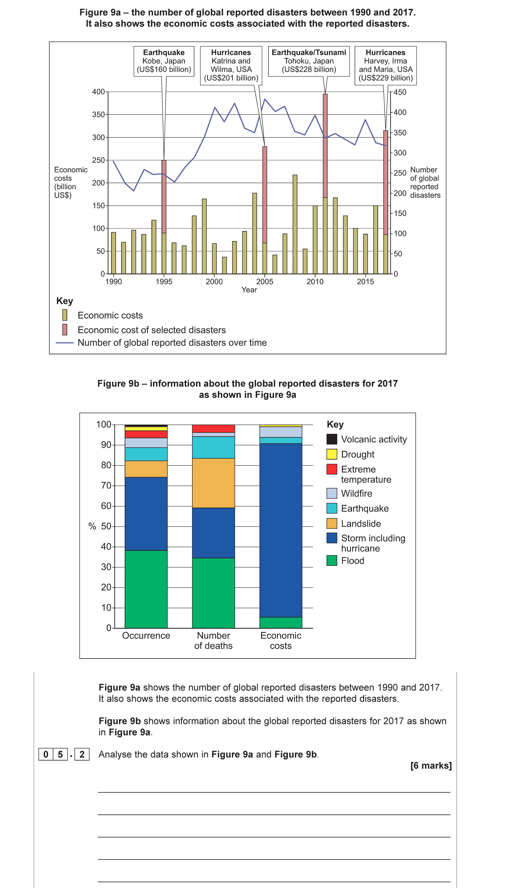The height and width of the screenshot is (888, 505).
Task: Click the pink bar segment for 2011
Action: click(x=325, y=146)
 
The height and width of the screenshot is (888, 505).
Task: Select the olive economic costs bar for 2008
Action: click(x=295, y=224)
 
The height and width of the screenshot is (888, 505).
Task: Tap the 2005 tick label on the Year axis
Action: click(x=265, y=282)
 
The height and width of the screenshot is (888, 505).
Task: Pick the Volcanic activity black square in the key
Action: click(x=332, y=439)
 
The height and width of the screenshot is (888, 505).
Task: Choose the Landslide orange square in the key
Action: click(x=332, y=524)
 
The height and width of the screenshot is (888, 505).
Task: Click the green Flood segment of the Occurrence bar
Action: click(x=146, y=589)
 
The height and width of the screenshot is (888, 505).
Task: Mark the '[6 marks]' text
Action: click(x=431, y=765)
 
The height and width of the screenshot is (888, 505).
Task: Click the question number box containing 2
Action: click(x=82, y=754)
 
